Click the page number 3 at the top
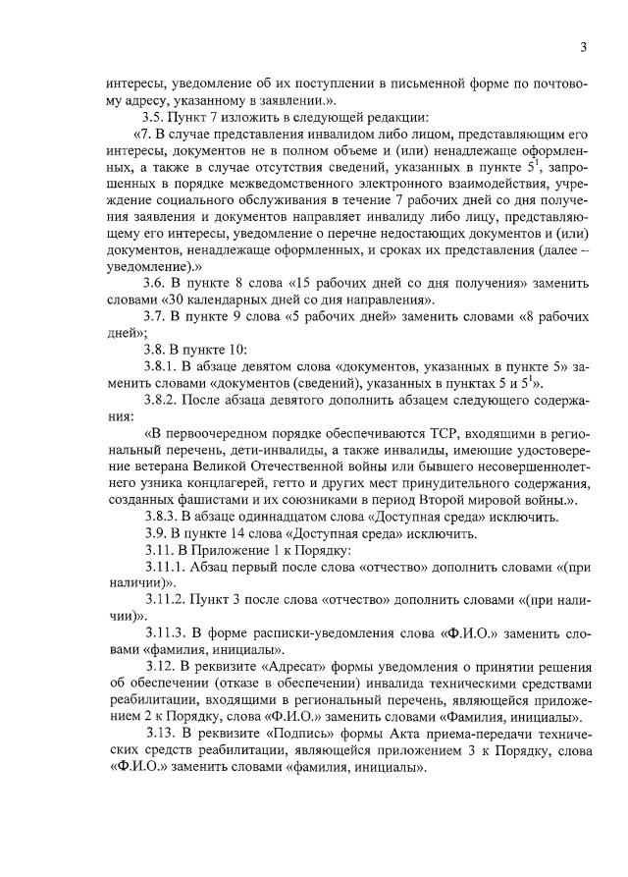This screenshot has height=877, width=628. [x=583, y=47]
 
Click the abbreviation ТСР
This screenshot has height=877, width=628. [x=446, y=433]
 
